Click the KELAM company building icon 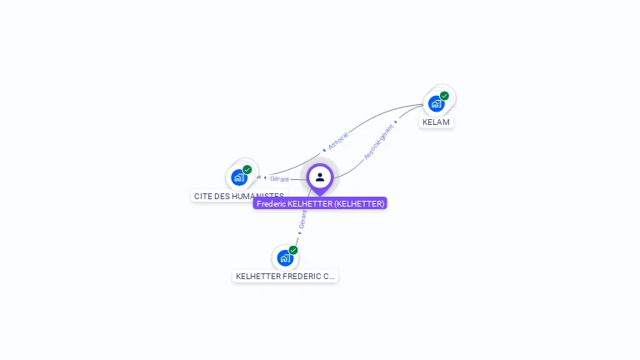click(x=436, y=104)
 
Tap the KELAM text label click(x=436, y=122)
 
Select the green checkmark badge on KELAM click(x=444, y=96)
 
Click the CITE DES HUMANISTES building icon click(x=239, y=177)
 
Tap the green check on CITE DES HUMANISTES click(x=247, y=170)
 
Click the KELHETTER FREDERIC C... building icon click(x=285, y=257)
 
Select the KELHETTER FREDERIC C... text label click(x=286, y=276)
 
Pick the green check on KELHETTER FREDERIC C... click(x=293, y=250)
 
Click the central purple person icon click(x=320, y=177)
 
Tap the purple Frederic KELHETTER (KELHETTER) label click(x=320, y=203)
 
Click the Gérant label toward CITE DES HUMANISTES click(x=279, y=179)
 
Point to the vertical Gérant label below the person click(x=302, y=219)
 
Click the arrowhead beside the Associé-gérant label click(x=395, y=122)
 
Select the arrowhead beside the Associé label click(x=324, y=150)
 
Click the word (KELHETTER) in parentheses click(x=359, y=203)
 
